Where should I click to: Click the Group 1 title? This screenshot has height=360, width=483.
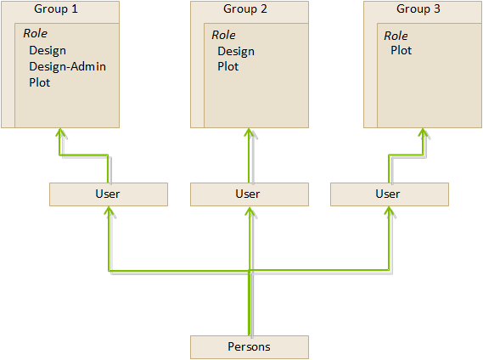(56, 9)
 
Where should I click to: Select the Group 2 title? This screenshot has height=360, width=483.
(245, 9)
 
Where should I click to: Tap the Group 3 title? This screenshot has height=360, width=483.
(418, 9)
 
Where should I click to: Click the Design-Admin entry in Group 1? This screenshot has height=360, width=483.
(67, 66)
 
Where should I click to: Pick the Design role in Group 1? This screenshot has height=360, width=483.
(48, 51)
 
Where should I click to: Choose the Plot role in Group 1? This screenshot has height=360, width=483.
(39, 82)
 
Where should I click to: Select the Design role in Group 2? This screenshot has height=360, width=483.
(236, 51)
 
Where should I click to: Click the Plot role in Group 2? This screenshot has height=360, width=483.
(228, 66)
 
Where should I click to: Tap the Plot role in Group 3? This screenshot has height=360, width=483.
(401, 50)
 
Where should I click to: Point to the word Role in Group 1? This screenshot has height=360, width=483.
(36, 33)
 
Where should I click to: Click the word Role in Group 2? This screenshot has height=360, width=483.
(223, 35)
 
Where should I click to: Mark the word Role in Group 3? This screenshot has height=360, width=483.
(396, 36)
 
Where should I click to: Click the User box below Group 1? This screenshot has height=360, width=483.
(109, 194)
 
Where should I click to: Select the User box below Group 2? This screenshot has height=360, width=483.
(250, 194)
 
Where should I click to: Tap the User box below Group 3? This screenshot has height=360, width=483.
(390, 194)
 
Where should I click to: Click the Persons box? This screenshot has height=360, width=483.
(250, 347)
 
